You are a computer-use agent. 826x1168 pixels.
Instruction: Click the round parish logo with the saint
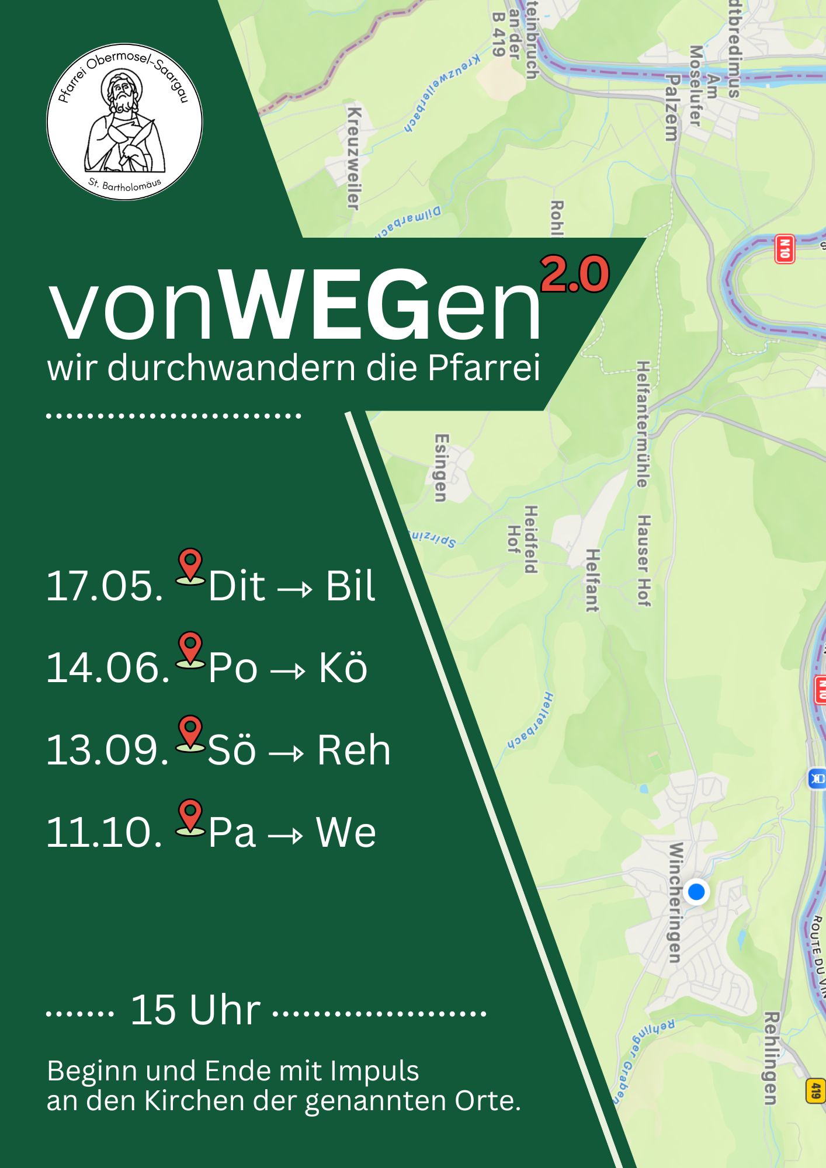(x=124, y=121)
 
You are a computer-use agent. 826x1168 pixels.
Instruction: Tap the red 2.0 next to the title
(x=575, y=274)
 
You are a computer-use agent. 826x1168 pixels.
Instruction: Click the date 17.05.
(x=105, y=586)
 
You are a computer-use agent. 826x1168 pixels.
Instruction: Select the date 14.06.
(x=107, y=668)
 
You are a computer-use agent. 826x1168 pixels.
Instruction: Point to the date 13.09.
(x=107, y=750)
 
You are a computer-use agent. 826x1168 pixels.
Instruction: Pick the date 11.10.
(x=105, y=832)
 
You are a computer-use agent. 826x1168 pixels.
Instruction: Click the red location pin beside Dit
(x=190, y=565)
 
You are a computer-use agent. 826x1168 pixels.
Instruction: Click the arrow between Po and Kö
(x=288, y=670)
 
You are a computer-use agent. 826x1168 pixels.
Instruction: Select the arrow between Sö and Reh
(x=287, y=753)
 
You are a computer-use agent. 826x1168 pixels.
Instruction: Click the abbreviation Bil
(x=350, y=586)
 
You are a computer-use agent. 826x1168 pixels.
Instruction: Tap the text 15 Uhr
(x=195, y=1010)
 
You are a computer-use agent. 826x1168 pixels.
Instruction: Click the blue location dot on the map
(x=696, y=892)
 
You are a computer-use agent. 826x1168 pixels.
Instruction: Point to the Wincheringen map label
(x=675, y=902)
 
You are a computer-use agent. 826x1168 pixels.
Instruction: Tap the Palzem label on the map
(x=672, y=108)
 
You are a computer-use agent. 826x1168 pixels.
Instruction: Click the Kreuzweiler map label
(x=354, y=158)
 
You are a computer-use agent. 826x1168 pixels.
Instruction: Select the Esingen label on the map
(x=442, y=467)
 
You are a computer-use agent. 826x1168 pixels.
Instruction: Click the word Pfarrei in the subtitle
(x=484, y=368)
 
